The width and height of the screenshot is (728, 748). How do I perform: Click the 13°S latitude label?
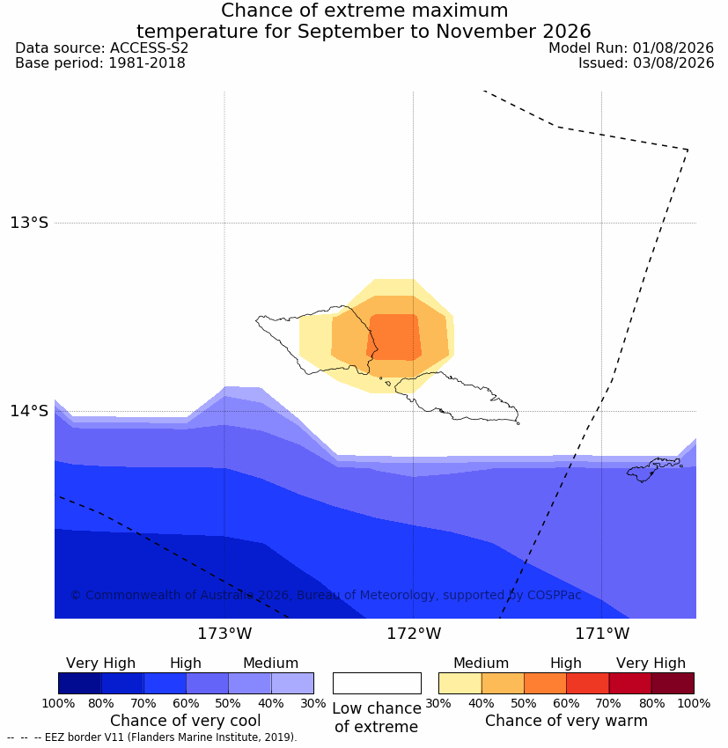pyautogui.click(x=29, y=223)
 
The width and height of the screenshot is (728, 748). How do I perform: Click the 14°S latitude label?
pyautogui.click(x=29, y=411)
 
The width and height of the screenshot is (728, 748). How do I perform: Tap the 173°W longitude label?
pyautogui.click(x=224, y=634)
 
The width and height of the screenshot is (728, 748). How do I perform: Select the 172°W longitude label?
pyautogui.click(x=414, y=634)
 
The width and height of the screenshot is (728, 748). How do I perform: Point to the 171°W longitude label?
pyautogui.click(x=602, y=634)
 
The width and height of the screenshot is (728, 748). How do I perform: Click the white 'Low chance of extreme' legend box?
pyautogui.click(x=377, y=683)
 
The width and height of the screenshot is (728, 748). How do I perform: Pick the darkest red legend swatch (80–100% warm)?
pyautogui.click(x=673, y=683)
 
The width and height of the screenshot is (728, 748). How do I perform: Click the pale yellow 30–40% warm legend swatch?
pyautogui.click(x=460, y=683)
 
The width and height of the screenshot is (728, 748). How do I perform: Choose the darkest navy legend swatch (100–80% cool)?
pyautogui.click(x=80, y=683)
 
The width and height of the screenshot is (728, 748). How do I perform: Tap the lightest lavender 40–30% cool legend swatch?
pyautogui.click(x=292, y=683)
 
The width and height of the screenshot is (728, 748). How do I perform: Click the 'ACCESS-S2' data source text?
pyautogui.click(x=149, y=48)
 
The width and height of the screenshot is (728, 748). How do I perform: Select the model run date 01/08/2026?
pyautogui.click(x=673, y=48)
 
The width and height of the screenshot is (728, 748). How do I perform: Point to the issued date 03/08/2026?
pyautogui.click(x=673, y=63)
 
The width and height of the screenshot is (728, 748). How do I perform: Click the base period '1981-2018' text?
pyautogui.click(x=147, y=63)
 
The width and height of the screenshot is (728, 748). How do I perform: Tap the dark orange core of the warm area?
pyautogui.click(x=394, y=337)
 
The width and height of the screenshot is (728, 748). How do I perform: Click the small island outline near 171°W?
pyautogui.click(x=654, y=469)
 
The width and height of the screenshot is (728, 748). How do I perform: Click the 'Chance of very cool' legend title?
pyautogui.click(x=186, y=721)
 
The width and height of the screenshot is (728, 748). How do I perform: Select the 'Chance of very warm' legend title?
pyautogui.click(x=566, y=721)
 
